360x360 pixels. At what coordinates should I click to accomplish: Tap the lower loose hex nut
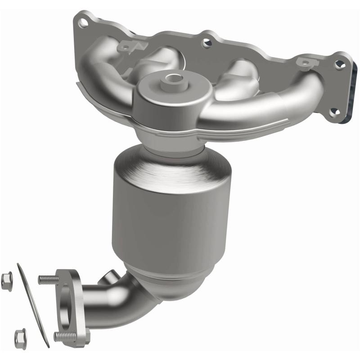click(x=20, y=336)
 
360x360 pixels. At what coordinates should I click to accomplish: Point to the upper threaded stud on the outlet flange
click(x=47, y=280)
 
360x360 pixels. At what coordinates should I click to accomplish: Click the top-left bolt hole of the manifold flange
click(x=82, y=21)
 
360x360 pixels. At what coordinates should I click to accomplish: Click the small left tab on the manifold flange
click(x=124, y=45)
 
